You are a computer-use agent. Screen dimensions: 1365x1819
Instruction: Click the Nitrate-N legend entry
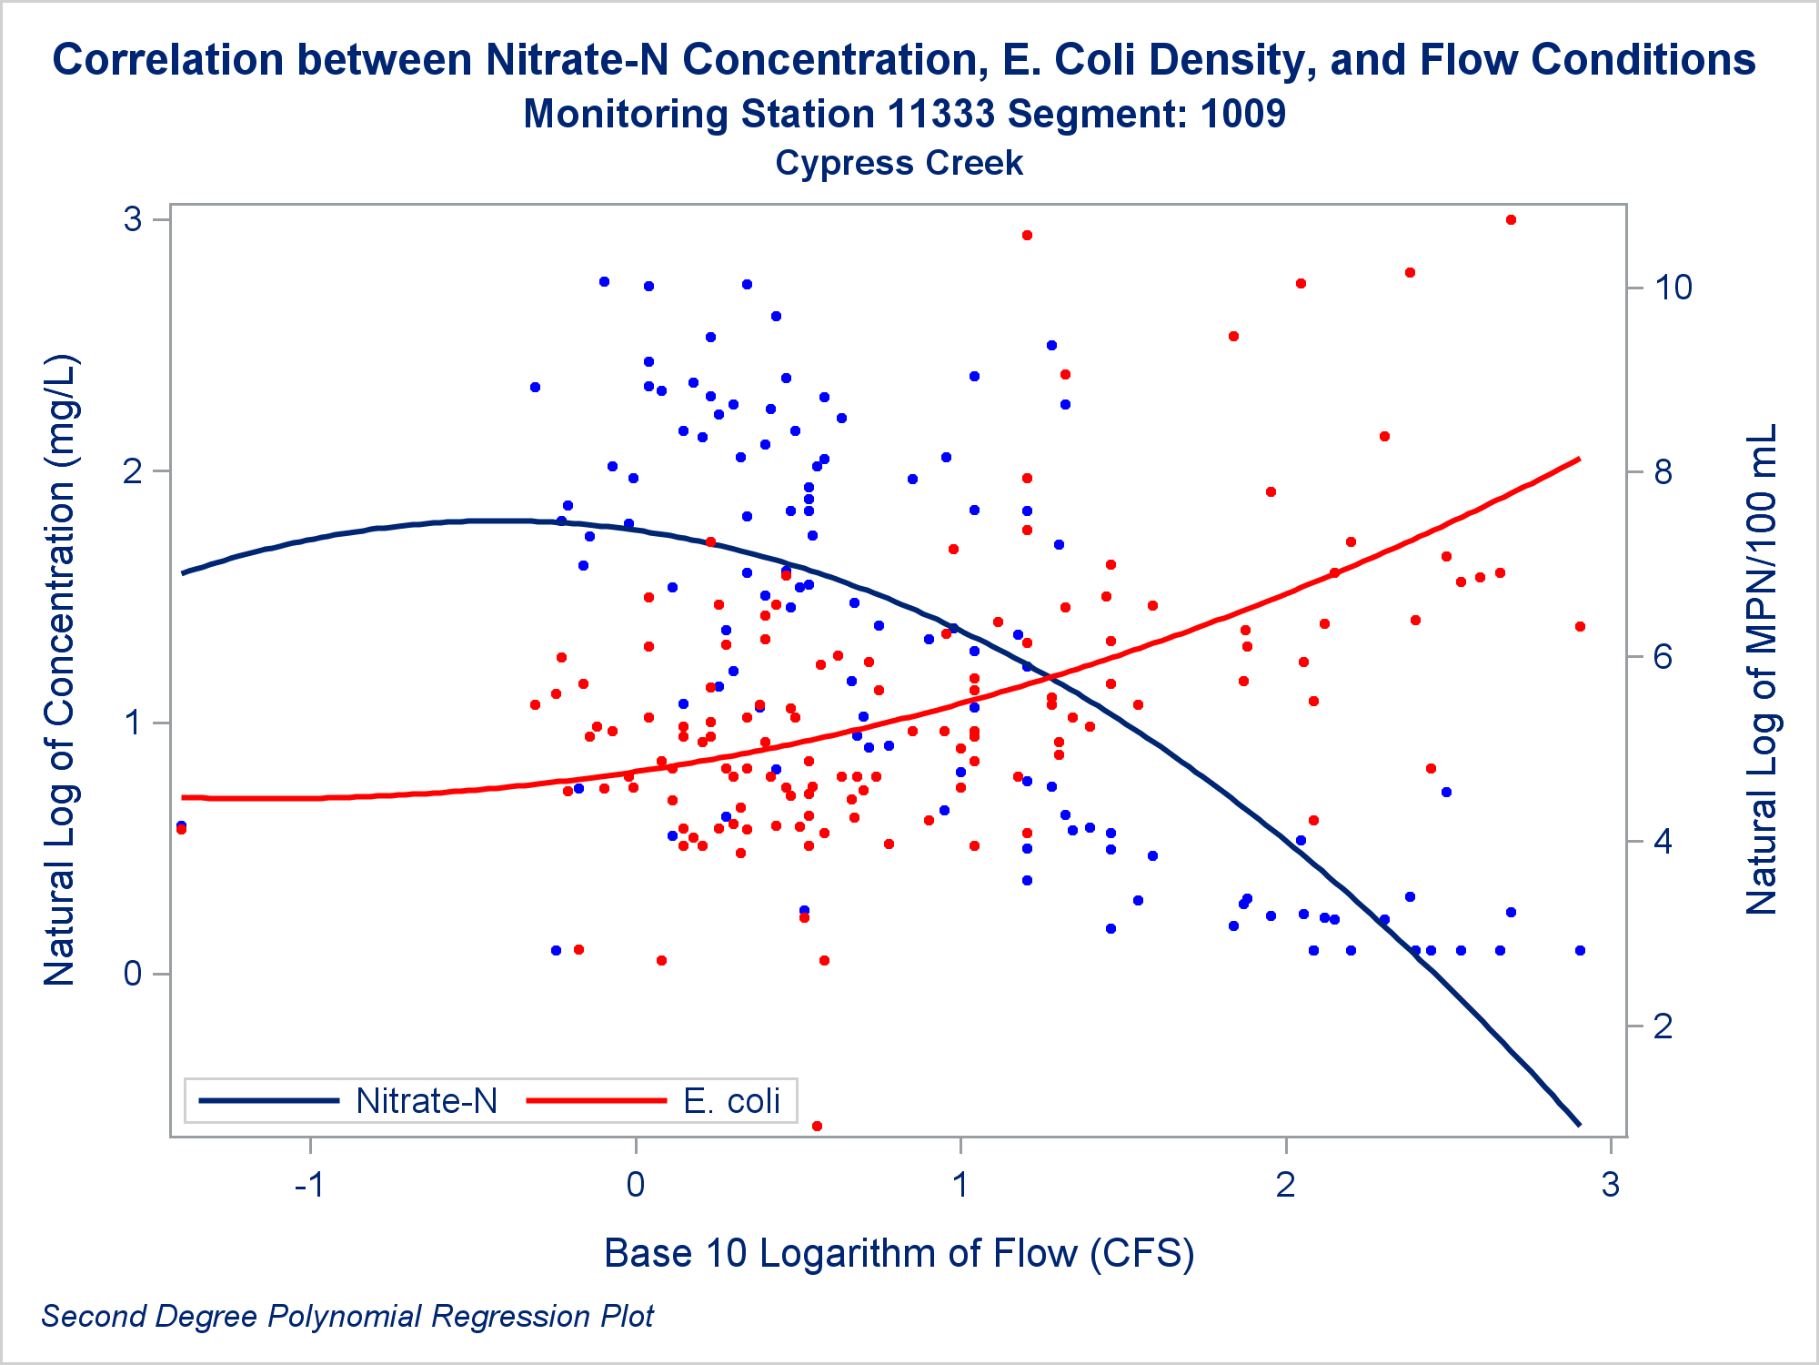click(x=426, y=1101)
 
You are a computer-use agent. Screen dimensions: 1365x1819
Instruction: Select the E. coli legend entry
click(x=731, y=1101)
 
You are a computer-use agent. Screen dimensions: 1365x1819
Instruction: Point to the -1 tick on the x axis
click(x=310, y=1185)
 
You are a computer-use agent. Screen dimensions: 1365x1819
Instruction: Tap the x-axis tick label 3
click(x=1611, y=1185)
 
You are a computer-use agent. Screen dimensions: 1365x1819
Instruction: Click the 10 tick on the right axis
click(x=1673, y=288)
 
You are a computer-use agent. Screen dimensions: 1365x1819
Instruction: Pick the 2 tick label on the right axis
click(x=1663, y=1026)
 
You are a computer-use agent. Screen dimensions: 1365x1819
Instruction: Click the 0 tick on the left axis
click(x=134, y=974)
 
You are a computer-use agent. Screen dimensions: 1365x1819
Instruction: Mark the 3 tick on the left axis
click(x=134, y=219)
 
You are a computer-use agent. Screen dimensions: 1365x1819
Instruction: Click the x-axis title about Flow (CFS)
click(x=899, y=1253)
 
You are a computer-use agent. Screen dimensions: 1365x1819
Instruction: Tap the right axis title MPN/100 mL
click(x=1761, y=669)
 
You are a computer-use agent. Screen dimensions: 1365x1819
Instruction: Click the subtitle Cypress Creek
click(x=899, y=163)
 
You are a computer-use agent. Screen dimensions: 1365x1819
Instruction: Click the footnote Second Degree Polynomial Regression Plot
click(x=347, y=1316)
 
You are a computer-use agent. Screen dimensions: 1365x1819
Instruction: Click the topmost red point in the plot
click(x=1511, y=220)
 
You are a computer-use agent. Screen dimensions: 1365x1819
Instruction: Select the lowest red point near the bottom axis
click(x=817, y=1126)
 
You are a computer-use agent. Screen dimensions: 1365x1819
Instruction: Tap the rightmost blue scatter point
click(x=1580, y=950)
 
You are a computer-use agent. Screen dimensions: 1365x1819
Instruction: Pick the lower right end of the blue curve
click(x=1578, y=1125)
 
